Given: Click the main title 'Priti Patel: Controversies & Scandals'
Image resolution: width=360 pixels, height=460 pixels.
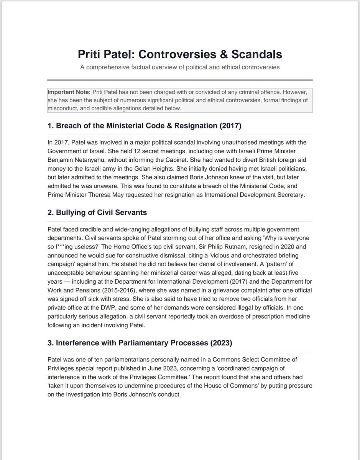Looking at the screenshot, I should (180, 54).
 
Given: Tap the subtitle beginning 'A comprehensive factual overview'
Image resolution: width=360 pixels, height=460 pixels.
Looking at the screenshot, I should (180, 67).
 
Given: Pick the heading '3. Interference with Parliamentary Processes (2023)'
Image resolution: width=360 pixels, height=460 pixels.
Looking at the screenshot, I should (140, 343).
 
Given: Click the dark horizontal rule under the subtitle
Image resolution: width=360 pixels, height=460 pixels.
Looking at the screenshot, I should (180, 80).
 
